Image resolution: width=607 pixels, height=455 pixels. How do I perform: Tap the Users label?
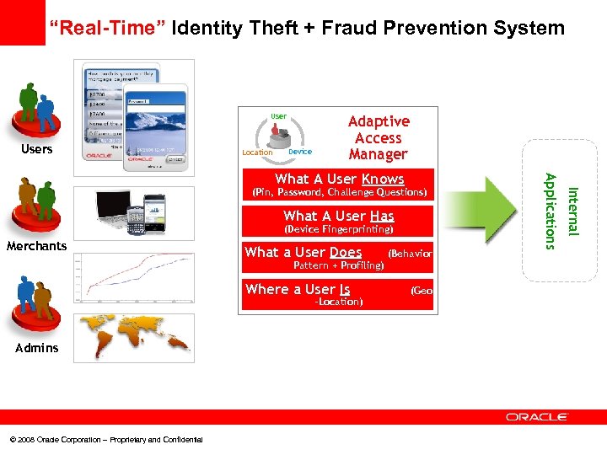[36, 149]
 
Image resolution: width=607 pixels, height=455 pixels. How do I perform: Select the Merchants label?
[36, 246]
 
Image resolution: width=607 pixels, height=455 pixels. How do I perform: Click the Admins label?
[36, 347]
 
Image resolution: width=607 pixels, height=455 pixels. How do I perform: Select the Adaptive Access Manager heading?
[379, 138]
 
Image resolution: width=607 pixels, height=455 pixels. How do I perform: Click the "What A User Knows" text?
[339, 179]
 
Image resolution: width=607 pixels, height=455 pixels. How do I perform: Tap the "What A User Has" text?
[339, 216]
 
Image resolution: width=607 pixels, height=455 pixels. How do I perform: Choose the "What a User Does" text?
[303, 252]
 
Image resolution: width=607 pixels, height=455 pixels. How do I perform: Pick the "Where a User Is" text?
[298, 289]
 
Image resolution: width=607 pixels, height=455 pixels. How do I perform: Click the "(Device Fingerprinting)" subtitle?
[339, 229]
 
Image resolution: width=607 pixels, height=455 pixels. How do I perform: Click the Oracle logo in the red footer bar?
[537, 416]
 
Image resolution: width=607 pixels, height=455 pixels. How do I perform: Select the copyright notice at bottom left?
[106, 440]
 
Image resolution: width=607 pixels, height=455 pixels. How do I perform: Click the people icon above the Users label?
[36, 111]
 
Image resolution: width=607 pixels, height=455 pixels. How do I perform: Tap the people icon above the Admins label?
[36, 305]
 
